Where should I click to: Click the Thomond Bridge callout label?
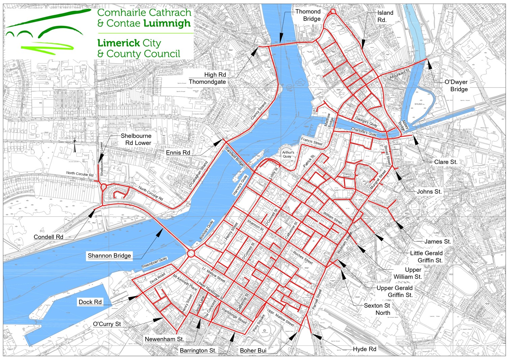[308, 15]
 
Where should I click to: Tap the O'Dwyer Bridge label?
[456, 86]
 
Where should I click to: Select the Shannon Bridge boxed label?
[109, 256]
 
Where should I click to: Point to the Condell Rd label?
[49, 237]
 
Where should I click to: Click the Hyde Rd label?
[364, 349]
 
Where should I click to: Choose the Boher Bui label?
[253, 351]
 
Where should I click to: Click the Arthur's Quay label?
[288, 154]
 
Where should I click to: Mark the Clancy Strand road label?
[259, 111]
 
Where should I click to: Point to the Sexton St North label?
[377, 309]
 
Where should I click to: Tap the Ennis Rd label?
[178, 153]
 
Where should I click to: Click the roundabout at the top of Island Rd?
[333, 11]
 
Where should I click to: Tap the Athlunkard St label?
[400, 74]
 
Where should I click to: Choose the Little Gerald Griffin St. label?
[426, 257]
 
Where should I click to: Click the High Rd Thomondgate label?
[208, 78]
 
